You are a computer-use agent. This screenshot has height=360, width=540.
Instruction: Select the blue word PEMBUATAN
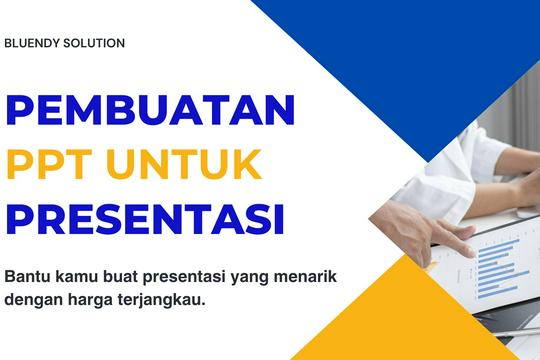click(150, 110)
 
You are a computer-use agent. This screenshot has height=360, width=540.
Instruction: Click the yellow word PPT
click(49, 163)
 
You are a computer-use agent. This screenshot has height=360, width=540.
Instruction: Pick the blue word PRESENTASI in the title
click(144, 217)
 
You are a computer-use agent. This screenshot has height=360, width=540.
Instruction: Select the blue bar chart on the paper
click(500, 265)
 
